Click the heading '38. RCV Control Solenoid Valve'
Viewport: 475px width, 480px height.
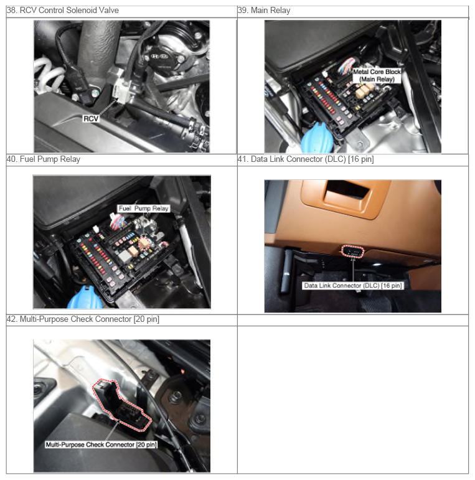(x=63, y=11)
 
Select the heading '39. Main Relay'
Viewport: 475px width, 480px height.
(x=264, y=11)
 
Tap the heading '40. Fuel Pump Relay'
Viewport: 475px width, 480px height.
(x=44, y=159)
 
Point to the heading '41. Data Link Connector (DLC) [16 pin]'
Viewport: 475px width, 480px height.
(x=306, y=159)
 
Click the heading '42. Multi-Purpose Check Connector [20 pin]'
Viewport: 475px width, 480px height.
(x=83, y=319)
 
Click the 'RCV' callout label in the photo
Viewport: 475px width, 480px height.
(x=91, y=118)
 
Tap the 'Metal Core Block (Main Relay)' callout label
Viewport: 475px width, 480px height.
(x=377, y=75)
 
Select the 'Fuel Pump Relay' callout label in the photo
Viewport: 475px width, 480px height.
(x=144, y=209)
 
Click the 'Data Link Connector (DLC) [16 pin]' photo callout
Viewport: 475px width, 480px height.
(x=352, y=286)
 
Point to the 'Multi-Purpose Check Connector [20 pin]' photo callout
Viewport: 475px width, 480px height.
(x=101, y=445)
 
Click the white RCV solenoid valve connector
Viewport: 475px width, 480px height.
(x=122, y=92)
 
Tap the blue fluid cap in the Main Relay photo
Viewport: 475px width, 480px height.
(x=317, y=138)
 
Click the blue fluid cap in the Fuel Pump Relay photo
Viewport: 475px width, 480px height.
(x=84, y=298)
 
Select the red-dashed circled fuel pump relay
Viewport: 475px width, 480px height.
(x=144, y=243)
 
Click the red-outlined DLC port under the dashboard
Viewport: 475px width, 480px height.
(x=352, y=252)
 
